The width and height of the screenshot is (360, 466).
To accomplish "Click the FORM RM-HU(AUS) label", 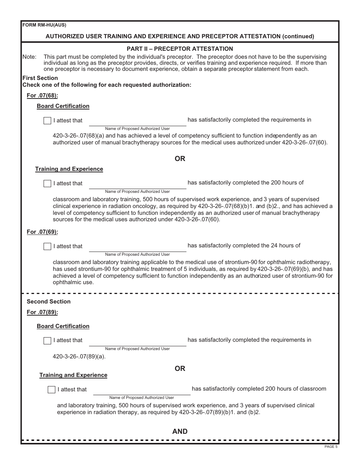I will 44,25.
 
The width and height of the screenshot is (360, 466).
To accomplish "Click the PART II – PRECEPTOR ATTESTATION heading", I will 180,49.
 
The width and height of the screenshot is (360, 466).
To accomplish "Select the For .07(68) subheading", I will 42,95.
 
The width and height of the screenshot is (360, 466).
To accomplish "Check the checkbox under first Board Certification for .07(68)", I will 47,121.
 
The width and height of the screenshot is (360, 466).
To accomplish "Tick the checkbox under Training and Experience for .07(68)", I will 47,184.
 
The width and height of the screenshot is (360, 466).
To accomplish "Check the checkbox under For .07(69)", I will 47,247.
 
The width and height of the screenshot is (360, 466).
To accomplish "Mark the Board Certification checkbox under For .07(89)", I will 47,341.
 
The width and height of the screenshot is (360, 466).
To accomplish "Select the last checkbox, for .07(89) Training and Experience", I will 52,390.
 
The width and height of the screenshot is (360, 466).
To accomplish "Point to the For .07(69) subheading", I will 42,232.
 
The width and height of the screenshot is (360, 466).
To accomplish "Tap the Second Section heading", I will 49,302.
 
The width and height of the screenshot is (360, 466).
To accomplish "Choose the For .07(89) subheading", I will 42,312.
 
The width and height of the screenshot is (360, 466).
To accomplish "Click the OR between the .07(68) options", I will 180,159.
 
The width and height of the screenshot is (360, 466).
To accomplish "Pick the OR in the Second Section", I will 180,369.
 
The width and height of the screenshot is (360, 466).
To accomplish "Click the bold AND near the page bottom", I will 180,432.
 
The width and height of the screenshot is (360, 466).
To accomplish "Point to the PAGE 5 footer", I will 331,447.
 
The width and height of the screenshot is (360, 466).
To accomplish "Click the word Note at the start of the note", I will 30,57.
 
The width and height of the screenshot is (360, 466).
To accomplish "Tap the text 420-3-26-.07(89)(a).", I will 79,357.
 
